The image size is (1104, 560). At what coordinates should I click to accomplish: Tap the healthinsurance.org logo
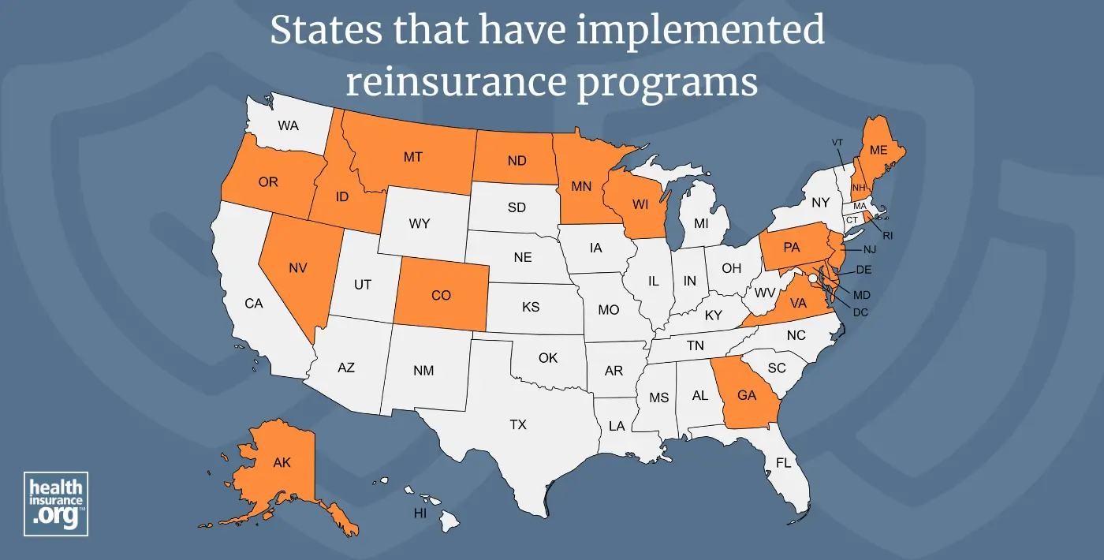(x=56, y=504)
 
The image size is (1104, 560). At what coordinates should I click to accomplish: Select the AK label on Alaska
(x=282, y=462)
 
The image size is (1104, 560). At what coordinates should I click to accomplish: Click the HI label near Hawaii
(x=421, y=513)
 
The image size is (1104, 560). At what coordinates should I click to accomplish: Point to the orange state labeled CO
(x=441, y=295)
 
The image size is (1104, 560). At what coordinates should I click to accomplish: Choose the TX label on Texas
(x=517, y=424)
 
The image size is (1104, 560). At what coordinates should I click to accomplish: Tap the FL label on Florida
(x=782, y=463)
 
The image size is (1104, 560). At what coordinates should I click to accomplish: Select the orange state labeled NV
(x=297, y=268)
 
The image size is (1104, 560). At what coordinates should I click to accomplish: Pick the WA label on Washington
(x=288, y=125)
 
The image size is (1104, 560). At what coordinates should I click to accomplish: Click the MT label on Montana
(x=412, y=157)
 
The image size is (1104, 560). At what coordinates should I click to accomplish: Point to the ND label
(x=517, y=161)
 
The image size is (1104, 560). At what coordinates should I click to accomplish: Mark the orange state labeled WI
(x=640, y=204)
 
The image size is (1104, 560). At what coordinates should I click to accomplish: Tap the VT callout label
(x=837, y=142)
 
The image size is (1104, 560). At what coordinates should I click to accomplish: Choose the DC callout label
(x=861, y=312)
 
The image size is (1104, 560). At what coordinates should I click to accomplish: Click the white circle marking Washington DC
(x=812, y=278)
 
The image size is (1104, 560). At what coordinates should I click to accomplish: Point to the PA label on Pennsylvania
(x=792, y=248)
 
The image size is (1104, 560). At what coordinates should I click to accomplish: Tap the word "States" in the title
(x=315, y=31)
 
